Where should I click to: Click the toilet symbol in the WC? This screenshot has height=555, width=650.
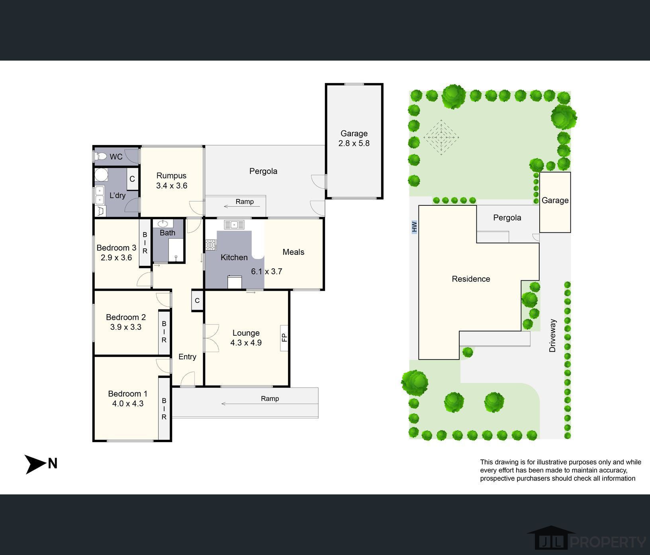click(101, 156)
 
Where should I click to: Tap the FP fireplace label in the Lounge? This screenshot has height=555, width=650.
click(284, 338)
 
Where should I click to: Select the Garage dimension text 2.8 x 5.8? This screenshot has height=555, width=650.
click(354, 143)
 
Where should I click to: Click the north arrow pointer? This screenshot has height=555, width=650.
click(36, 464)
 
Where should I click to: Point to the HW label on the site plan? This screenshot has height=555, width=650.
click(414, 227)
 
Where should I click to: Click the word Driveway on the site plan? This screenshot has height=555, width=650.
click(552, 335)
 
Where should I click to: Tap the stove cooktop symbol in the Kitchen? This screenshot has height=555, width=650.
click(210, 245)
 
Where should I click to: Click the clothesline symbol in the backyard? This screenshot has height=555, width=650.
click(441, 138)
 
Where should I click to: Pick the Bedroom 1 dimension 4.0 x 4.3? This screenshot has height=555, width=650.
click(128, 403)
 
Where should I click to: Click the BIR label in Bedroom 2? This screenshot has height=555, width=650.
click(164, 332)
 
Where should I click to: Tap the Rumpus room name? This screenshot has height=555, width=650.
click(171, 176)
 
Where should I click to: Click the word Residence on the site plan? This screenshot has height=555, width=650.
click(471, 279)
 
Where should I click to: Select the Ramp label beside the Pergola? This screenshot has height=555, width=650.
click(245, 201)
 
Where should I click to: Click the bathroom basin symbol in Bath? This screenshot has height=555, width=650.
click(163, 224)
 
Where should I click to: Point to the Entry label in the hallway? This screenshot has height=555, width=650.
click(187, 357)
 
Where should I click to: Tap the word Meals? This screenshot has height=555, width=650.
click(294, 252)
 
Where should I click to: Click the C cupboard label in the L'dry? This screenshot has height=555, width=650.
click(132, 179)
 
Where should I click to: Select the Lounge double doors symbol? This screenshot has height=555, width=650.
click(211, 338)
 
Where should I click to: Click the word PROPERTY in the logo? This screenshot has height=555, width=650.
click(608, 542)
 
